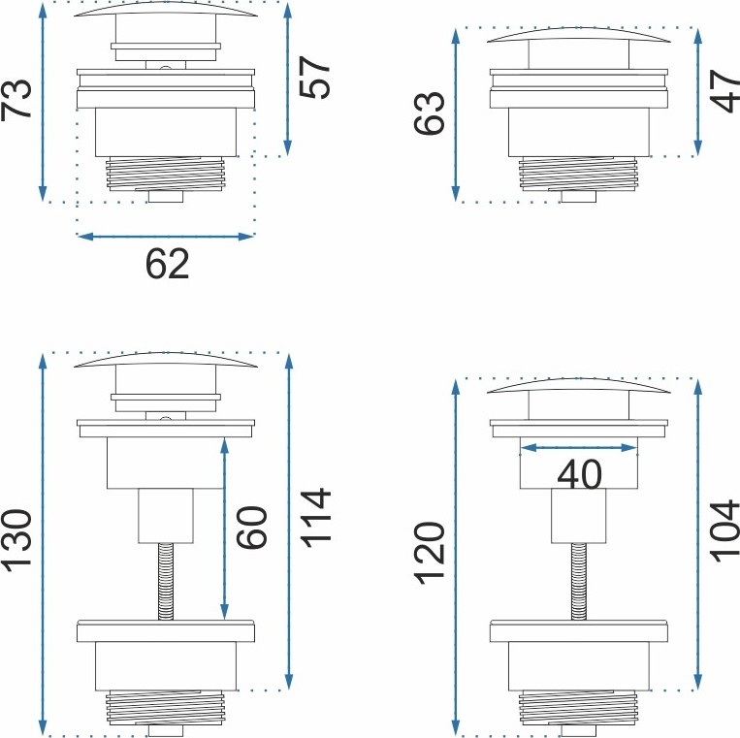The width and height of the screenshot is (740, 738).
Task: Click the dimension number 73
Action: [16, 99]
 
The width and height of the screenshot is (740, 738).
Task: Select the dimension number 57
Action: [315, 78]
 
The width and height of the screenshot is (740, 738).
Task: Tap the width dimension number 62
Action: [167, 264]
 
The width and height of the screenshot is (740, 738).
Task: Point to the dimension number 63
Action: [430, 113]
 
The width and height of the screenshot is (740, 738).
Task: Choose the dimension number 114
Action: [315, 518]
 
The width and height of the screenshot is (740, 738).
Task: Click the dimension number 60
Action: [251, 528]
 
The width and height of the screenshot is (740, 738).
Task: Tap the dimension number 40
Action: [580, 474]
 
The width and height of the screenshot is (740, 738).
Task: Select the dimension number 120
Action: [430, 554]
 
